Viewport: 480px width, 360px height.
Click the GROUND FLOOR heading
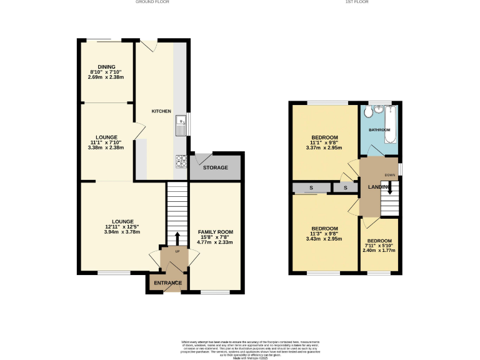[152, 2]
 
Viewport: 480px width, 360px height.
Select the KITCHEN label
[161, 111]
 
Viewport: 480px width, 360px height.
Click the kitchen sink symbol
[181, 124]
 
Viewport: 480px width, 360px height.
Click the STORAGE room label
[216, 167]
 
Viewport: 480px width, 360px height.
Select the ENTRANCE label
[168, 283]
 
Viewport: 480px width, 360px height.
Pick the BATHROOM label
[379, 130]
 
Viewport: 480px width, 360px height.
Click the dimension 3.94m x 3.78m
[122, 232]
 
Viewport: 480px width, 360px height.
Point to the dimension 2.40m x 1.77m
[379, 251]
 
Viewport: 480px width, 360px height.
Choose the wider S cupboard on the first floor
[311, 188]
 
